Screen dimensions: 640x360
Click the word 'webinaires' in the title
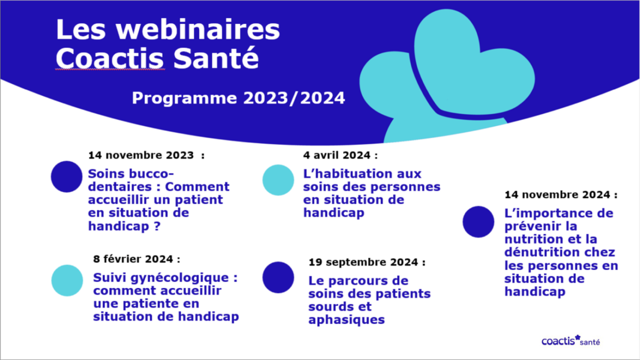point(197,29)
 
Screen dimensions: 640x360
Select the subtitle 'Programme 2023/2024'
point(238,98)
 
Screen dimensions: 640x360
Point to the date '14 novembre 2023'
point(141,155)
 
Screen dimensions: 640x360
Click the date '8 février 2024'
point(133,259)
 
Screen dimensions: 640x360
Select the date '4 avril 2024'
point(337,155)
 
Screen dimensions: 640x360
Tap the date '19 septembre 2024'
point(363,262)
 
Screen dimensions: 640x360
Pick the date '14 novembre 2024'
point(557,194)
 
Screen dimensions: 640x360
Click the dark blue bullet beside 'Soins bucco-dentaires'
point(66,176)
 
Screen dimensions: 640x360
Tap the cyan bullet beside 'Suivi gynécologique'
point(67,280)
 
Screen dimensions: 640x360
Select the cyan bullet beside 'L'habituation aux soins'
point(278,180)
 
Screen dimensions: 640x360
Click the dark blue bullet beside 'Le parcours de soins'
point(278,277)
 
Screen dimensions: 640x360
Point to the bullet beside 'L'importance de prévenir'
point(478,221)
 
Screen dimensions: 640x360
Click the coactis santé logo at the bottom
point(571,340)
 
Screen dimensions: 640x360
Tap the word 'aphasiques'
point(346,319)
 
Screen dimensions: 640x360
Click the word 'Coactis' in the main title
point(109,58)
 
